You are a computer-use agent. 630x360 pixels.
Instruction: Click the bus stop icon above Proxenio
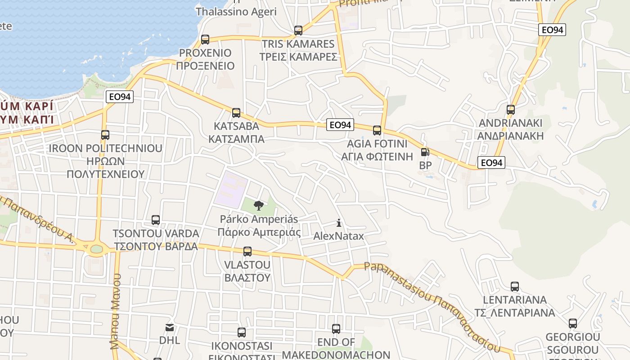(x=205, y=40)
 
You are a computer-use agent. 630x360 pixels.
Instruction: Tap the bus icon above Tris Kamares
(x=298, y=31)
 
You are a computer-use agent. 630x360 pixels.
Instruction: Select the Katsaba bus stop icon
(x=236, y=113)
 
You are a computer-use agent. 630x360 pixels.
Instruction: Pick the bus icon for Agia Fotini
(x=377, y=130)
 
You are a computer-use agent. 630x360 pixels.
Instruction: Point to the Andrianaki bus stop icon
(x=510, y=110)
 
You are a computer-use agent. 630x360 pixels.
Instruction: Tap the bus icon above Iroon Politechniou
(x=105, y=135)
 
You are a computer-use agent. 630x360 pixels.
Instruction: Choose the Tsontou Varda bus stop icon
(x=156, y=220)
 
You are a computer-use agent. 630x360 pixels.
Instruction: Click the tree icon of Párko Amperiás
(x=258, y=206)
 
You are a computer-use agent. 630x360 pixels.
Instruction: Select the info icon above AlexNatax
(x=339, y=223)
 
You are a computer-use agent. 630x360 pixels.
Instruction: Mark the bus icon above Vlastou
(x=247, y=252)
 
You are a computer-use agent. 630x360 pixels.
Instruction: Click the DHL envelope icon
(x=170, y=327)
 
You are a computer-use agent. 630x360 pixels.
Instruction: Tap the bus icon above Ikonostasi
(x=242, y=333)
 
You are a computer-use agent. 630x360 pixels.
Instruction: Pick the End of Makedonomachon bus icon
(x=336, y=329)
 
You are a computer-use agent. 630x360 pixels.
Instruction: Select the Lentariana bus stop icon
(x=515, y=287)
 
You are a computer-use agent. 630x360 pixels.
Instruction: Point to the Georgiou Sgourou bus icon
(x=572, y=324)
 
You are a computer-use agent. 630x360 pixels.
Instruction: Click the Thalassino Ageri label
(x=236, y=12)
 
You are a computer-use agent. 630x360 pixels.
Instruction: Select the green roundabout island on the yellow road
(x=96, y=249)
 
